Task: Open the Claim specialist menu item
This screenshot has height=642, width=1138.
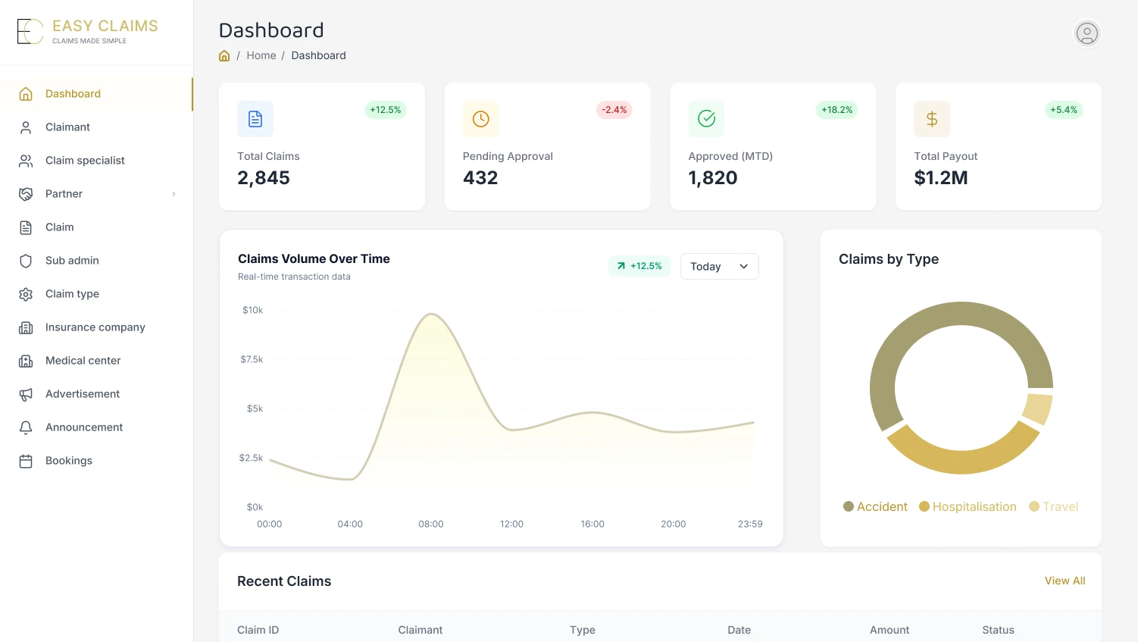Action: (85, 161)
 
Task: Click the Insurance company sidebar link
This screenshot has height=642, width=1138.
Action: (95, 327)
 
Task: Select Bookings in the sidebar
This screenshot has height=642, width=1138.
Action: (69, 461)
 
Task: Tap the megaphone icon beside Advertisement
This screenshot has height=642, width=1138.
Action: (26, 394)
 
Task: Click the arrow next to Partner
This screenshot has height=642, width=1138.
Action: (174, 194)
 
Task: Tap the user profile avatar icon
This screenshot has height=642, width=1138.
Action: (1086, 33)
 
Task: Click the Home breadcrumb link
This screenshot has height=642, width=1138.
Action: (261, 55)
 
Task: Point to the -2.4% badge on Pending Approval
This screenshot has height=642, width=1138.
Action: (614, 110)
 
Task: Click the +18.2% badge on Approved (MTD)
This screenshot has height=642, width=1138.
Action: (836, 110)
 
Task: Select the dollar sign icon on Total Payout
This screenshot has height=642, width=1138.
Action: (932, 119)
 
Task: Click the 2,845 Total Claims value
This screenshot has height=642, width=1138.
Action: (263, 178)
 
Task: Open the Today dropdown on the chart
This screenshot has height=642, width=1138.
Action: (719, 266)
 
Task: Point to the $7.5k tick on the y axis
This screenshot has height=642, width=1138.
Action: (252, 359)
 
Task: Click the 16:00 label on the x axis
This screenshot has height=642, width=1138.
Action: (592, 524)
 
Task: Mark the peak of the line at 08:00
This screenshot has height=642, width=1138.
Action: (431, 314)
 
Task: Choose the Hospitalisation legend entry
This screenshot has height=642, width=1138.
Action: (968, 507)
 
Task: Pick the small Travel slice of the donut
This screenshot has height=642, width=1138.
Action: (1037, 409)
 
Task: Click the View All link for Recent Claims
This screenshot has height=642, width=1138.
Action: (1065, 581)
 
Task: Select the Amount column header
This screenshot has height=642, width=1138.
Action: (889, 631)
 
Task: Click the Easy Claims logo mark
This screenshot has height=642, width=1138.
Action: (30, 32)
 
